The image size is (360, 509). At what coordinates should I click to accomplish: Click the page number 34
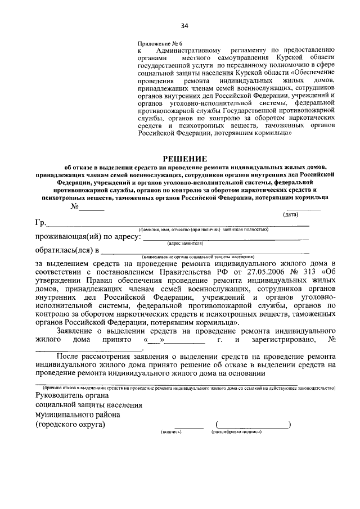point(184,25)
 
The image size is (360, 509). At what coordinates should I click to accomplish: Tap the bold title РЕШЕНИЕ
point(185,159)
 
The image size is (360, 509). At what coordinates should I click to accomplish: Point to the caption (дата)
point(290,215)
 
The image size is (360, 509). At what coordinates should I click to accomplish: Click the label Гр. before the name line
point(41,223)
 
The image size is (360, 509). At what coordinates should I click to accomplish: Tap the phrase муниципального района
point(78,415)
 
